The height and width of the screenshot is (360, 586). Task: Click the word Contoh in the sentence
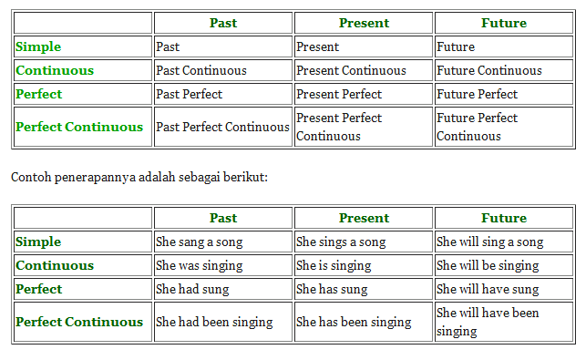pos(29,177)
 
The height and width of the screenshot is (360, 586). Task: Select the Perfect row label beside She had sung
pos(39,289)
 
